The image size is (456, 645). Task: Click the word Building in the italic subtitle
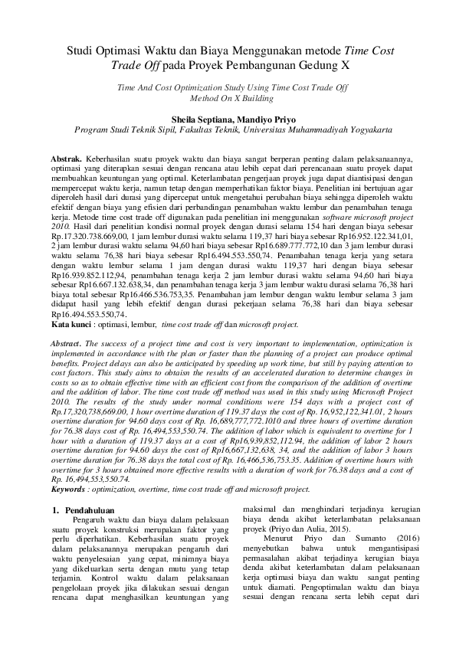[x=257, y=99]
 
